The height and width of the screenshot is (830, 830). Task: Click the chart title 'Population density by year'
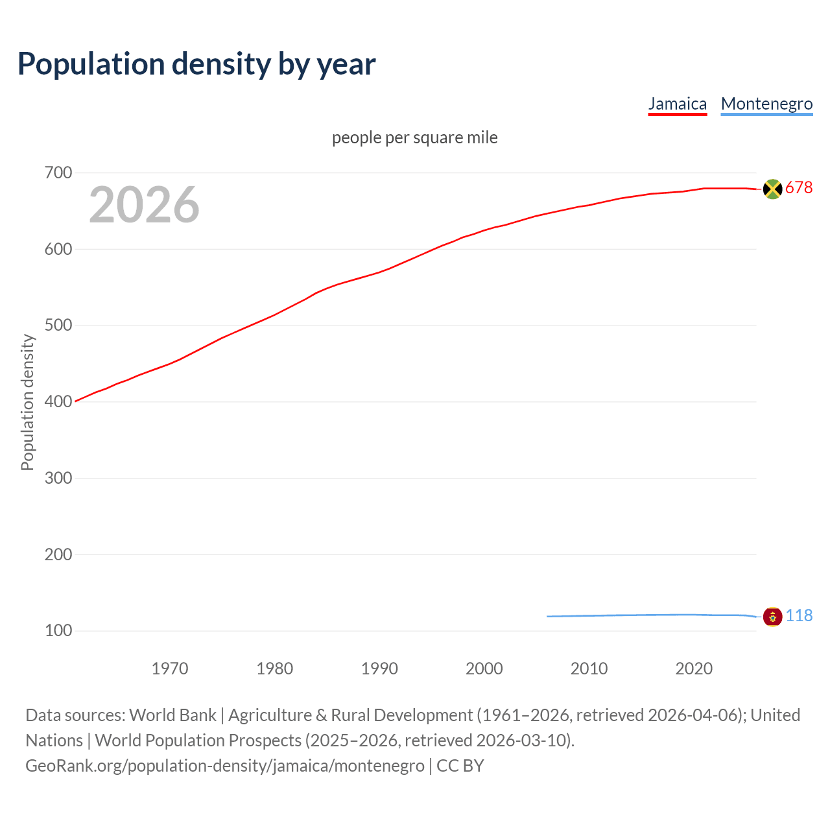click(196, 64)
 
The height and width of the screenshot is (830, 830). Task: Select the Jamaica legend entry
click(677, 104)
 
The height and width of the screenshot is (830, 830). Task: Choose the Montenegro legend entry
click(766, 104)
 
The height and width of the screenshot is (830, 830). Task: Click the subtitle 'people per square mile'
click(414, 137)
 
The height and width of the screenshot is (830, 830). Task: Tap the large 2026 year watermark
click(144, 205)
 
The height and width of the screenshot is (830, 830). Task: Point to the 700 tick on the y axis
click(58, 172)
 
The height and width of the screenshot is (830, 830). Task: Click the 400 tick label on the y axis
click(58, 401)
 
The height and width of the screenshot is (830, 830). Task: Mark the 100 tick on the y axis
click(58, 630)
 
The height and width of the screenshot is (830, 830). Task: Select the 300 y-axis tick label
click(58, 478)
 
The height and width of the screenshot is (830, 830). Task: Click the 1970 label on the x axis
click(170, 669)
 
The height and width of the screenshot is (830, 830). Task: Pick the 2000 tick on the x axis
click(484, 669)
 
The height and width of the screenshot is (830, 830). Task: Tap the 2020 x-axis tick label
click(694, 669)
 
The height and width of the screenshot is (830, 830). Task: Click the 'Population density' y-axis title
click(27, 402)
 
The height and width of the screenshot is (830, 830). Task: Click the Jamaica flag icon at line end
click(772, 189)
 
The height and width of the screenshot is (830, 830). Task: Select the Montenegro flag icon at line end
click(772, 616)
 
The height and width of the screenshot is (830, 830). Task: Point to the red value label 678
click(799, 188)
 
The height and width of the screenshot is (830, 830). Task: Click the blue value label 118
click(799, 615)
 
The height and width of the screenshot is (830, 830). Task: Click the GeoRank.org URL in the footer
click(225, 766)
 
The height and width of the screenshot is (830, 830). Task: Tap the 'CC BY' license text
click(460, 766)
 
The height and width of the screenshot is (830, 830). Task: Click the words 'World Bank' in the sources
click(172, 715)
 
